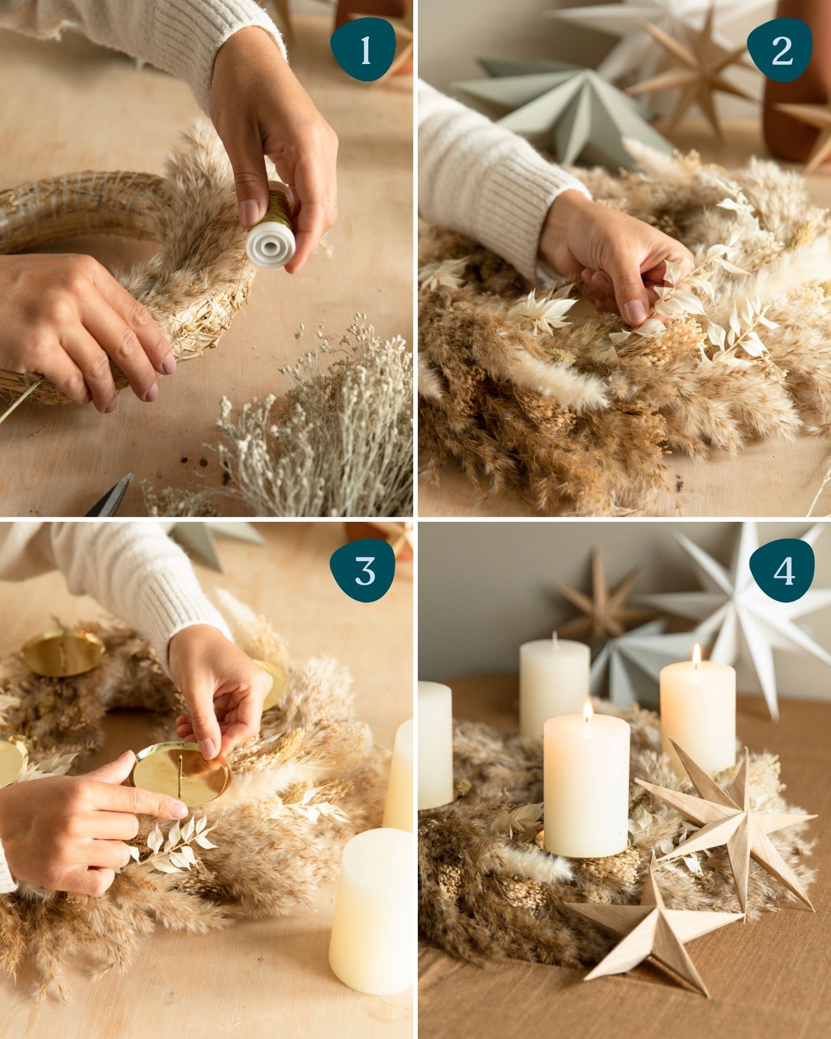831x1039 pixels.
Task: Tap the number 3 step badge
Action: pos(364,570)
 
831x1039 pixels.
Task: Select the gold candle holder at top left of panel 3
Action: pos(62,652)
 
